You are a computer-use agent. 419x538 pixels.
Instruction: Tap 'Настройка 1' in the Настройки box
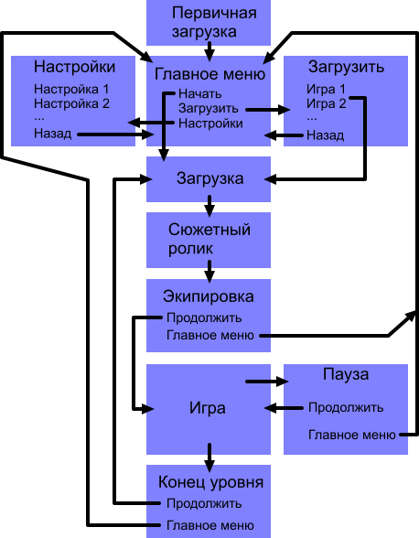click(x=70, y=90)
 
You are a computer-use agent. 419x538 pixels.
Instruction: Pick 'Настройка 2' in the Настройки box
click(x=70, y=103)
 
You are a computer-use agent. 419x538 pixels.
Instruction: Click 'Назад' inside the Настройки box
click(x=52, y=134)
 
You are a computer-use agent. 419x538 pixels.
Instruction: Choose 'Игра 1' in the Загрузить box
click(x=326, y=90)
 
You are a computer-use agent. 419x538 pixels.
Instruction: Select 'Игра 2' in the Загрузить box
click(x=326, y=103)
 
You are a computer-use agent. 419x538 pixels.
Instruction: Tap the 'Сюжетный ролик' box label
click(x=209, y=238)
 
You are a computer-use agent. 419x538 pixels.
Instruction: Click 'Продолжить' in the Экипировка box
click(x=203, y=318)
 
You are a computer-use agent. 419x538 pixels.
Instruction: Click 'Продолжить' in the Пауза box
click(x=345, y=408)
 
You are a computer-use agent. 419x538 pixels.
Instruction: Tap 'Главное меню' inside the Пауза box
click(x=351, y=435)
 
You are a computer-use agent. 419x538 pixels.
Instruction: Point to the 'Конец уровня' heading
click(x=211, y=482)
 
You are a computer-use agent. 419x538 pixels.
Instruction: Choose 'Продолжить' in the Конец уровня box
click(x=203, y=503)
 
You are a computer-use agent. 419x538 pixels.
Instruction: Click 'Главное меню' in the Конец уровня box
click(x=209, y=525)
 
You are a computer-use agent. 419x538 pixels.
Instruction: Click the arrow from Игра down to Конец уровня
click(x=210, y=453)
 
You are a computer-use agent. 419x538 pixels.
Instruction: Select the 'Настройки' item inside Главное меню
click(x=211, y=124)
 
